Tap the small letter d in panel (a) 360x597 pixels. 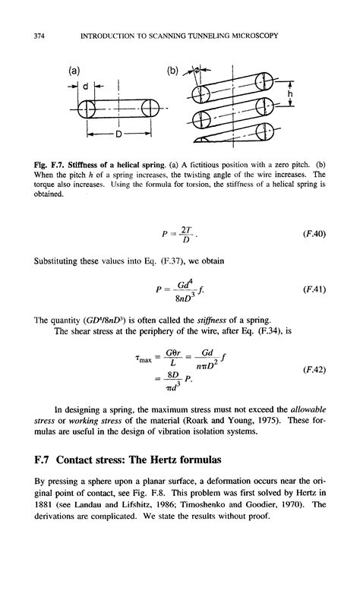pos(87,86)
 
